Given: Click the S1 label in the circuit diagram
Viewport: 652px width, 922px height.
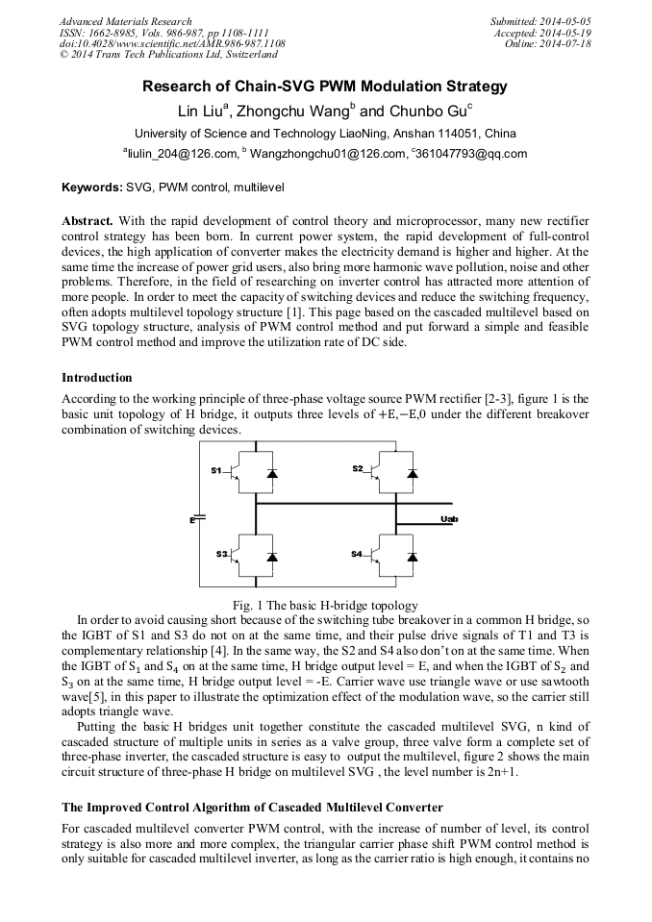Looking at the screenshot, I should [216, 470].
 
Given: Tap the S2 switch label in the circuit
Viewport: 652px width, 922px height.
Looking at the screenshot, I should [357, 468].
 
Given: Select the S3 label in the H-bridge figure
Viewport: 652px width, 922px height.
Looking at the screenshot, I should [221, 554].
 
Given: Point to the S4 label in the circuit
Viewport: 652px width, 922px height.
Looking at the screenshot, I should [357, 554].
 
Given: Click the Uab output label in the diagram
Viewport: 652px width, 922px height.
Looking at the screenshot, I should [449, 519].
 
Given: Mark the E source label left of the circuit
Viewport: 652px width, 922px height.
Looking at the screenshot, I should [191, 520].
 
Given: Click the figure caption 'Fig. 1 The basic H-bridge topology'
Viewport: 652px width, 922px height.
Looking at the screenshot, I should [325, 606].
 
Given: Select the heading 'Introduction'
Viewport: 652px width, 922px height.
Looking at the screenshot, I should [96, 378].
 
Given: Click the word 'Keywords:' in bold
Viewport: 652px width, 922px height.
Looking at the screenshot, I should [91, 186].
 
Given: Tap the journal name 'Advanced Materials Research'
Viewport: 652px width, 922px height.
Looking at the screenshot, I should [125, 21].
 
